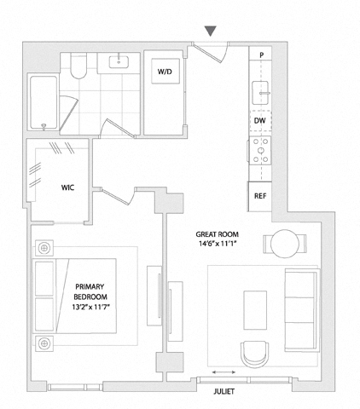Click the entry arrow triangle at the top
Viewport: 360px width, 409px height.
(211, 31)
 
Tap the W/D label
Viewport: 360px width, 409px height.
(165, 72)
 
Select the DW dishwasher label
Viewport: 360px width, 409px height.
(259, 121)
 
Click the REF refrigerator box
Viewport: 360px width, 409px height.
(260, 196)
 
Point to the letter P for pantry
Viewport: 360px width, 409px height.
(262, 55)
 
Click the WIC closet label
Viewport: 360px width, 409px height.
(67, 187)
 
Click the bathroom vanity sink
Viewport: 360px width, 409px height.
(119, 62)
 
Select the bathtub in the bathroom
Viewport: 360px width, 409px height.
(44, 102)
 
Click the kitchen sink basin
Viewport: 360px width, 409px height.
(260, 93)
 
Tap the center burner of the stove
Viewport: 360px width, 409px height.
(260, 150)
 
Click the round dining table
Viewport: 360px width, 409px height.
(285, 244)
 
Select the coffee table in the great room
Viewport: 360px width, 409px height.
(255, 310)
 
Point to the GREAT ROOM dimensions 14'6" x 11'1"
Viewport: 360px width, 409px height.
(218, 244)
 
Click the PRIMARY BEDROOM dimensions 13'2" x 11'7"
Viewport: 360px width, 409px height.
(90, 307)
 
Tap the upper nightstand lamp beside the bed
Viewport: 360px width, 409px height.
(44, 248)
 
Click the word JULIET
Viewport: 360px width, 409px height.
(224, 391)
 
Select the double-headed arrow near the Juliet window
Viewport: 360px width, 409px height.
(224, 372)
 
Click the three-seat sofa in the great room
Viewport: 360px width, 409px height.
(302, 310)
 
